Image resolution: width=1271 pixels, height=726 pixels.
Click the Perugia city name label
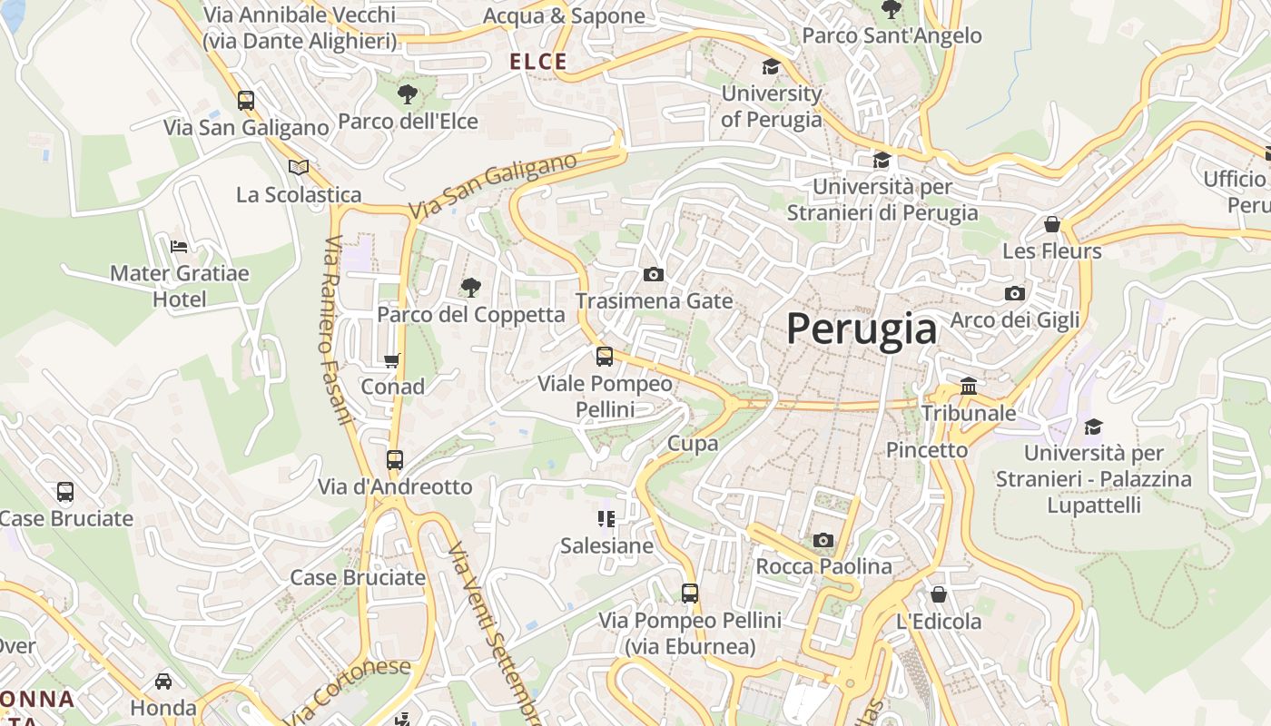coord(861,328)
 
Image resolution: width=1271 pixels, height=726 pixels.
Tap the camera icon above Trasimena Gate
coord(653,274)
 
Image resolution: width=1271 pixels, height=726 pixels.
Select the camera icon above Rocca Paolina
coord(823,540)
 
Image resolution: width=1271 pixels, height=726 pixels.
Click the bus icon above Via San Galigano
coord(245,101)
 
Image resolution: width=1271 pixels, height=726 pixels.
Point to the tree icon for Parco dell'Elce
coord(408,93)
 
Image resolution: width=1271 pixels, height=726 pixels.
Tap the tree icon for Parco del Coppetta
coord(470,288)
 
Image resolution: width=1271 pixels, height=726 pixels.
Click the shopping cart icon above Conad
coord(392,360)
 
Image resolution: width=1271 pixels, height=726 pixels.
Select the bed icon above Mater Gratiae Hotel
coord(179,246)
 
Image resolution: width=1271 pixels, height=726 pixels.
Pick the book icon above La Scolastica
coord(298,167)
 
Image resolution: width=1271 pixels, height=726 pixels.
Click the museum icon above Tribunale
coord(969,387)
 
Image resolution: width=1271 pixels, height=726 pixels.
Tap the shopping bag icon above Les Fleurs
coord(1052,223)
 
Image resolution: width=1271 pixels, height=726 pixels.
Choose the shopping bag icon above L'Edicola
coord(939,594)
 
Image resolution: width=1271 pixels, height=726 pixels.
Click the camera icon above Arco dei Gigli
coord(1015,293)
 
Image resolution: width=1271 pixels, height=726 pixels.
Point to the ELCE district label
coord(538,62)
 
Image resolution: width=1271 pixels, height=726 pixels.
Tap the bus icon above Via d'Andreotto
coord(394,460)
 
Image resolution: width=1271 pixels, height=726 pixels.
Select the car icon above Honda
coord(163,681)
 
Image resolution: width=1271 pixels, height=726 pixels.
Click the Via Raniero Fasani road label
coord(336,330)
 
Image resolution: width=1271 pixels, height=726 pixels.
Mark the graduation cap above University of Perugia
coord(771,66)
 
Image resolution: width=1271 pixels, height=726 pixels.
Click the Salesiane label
coord(606,545)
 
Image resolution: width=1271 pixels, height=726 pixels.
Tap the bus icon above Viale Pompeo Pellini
coord(605,357)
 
